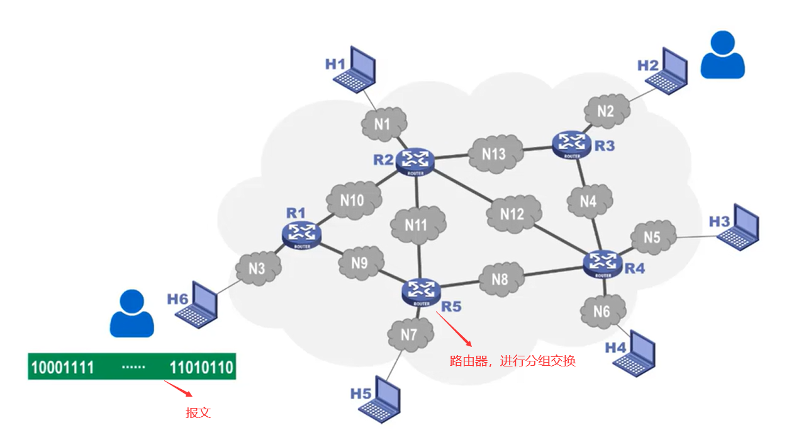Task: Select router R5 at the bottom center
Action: coord(421,292)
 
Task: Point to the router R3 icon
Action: coord(572,144)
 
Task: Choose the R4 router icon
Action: coord(603,263)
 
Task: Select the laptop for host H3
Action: coord(740,225)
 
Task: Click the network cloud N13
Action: coord(495,153)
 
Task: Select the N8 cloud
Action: coord(500,278)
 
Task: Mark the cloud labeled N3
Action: coord(257,269)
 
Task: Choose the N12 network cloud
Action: coord(513,213)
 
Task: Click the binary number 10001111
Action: coord(62,367)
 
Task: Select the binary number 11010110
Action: coord(201,367)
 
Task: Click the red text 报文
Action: coord(198,413)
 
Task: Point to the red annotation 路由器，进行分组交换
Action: coord(512,361)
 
